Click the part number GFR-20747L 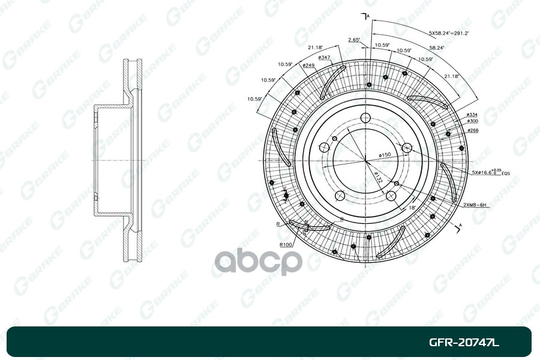pos(464,343)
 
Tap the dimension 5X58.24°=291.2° pos(448,33)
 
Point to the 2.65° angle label pos(353,40)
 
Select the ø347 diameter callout pos(325,57)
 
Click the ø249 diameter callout pos(308,65)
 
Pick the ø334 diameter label pos(471,115)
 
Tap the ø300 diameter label pos(471,122)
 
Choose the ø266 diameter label pos(471,130)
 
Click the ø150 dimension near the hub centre pos(385,155)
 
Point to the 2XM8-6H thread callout pos(473,205)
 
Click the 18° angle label pos(412,206)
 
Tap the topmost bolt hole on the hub pos(365,118)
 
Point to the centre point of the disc pos(365,160)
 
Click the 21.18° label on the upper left pos(316,47)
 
